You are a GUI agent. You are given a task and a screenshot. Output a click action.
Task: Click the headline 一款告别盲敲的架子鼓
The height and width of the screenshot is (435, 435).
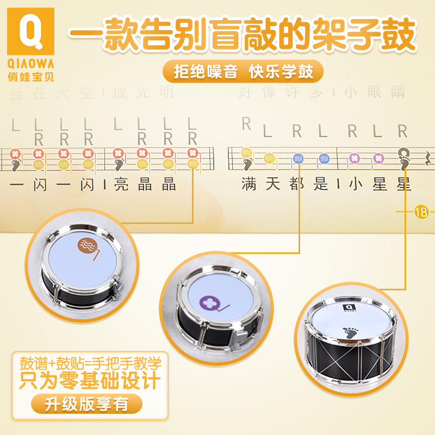coord(242,34)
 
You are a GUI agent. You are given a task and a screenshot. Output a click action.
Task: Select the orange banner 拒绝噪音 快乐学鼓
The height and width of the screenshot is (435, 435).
coord(243,71)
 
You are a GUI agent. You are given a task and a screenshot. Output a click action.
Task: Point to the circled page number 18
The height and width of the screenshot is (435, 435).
coord(421,212)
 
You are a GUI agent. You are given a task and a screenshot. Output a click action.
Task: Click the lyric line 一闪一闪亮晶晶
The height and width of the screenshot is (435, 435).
coord(93,185)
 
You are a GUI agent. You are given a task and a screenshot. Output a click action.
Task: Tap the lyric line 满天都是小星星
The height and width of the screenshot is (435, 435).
coord(326,185)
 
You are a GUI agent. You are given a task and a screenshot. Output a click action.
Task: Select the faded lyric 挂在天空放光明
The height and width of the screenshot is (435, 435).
coord(93,92)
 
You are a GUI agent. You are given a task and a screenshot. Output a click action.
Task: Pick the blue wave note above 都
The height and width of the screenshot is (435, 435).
coord(297,158)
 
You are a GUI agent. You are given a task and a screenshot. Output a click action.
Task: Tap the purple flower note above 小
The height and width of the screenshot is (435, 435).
coord(354,158)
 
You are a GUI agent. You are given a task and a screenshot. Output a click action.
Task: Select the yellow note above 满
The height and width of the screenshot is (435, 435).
coord(246,153)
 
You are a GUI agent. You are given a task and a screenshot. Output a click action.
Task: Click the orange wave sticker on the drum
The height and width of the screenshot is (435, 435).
coord(87,246)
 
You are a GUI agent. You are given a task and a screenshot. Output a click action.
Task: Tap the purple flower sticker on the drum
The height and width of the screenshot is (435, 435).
coord(209,303)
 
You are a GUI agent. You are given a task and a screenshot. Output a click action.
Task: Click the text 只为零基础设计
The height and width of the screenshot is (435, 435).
coord(89,380)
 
